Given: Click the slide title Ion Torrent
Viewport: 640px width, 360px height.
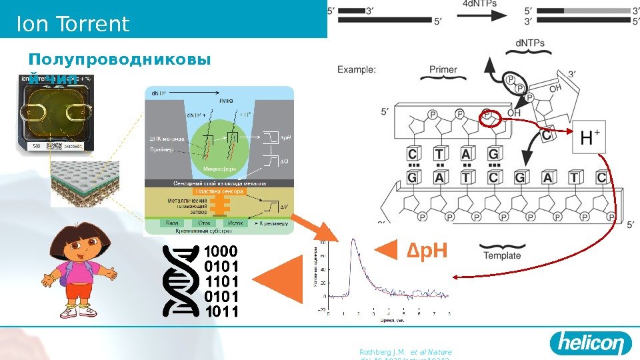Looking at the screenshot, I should click(x=73, y=25).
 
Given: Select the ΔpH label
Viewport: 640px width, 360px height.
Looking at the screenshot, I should click(x=425, y=251).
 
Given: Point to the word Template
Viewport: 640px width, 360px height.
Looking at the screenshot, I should click(x=502, y=255).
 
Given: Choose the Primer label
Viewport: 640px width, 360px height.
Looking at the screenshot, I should click(x=443, y=69).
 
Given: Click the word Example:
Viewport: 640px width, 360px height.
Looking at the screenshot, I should click(x=356, y=69).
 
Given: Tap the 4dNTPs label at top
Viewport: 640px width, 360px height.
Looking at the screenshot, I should click(x=479, y=4).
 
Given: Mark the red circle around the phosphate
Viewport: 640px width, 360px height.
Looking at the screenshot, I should click(x=490, y=118).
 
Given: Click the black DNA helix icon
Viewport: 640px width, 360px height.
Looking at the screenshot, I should click(x=181, y=279).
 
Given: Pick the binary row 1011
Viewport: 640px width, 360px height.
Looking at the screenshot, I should click(x=220, y=310).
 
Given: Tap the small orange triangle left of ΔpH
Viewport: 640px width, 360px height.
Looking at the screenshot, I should click(x=386, y=251).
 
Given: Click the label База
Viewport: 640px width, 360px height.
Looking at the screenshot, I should click(x=171, y=223).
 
